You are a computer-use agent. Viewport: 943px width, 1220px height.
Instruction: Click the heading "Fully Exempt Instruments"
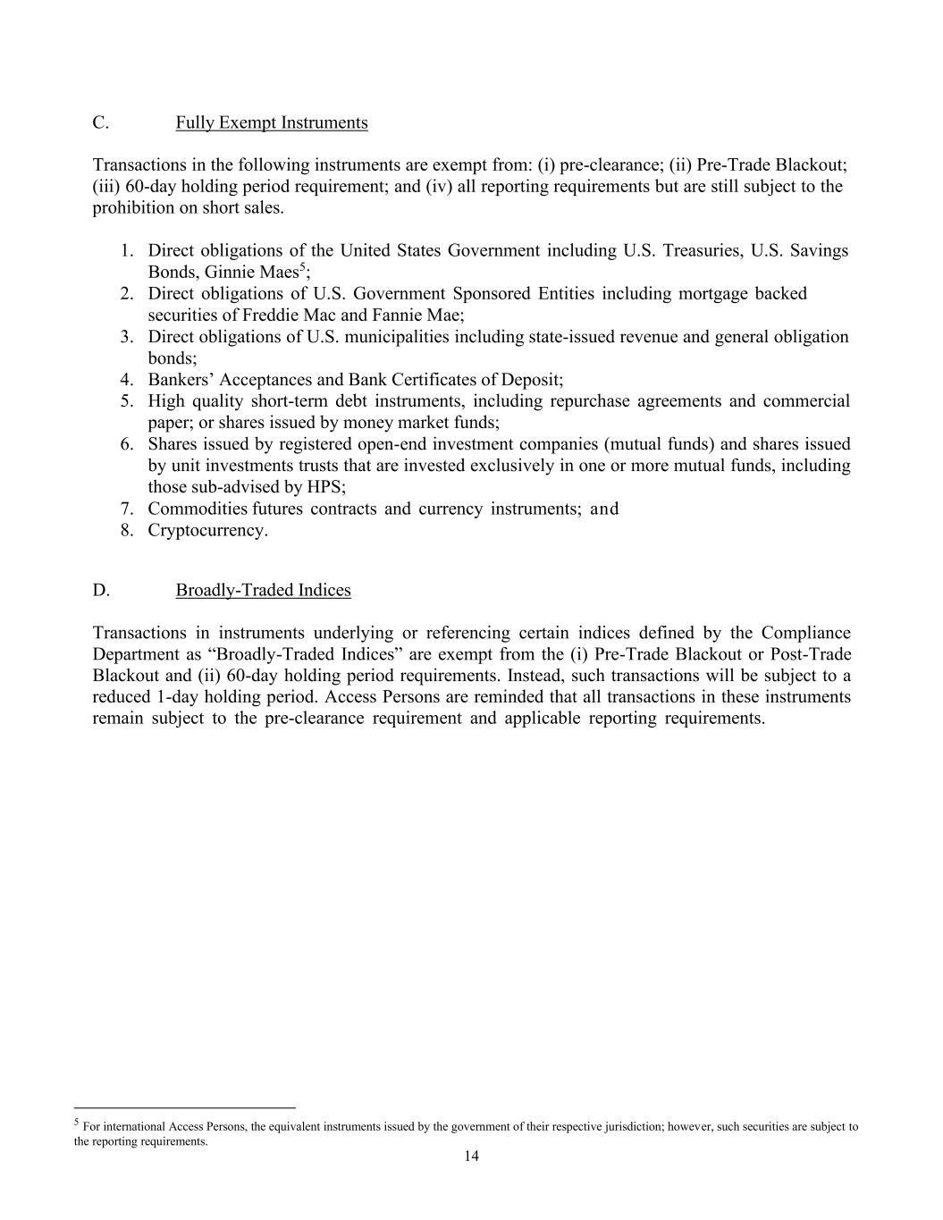[x=271, y=122]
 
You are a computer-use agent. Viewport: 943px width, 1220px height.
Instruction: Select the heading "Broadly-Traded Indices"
[x=263, y=590]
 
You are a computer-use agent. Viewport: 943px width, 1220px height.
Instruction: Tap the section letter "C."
[x=100, y=122]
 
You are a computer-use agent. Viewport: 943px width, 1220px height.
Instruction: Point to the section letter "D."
[x=100, y=590]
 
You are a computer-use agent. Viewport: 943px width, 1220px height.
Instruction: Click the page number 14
[x=471, y=1157]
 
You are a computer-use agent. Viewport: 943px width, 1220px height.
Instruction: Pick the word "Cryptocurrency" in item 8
[x=206, y=530]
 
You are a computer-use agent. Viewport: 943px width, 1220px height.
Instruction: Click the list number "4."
[x=127, y=379]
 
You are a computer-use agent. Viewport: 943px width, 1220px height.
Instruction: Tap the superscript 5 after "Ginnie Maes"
[x=302, y=267]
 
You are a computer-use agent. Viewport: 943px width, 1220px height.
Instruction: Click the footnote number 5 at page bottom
[x=77, y=1123]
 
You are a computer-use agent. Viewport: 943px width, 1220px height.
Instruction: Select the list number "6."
[x=127, y=444]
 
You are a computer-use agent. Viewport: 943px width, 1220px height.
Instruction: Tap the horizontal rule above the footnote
[x=184, y=1106]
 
